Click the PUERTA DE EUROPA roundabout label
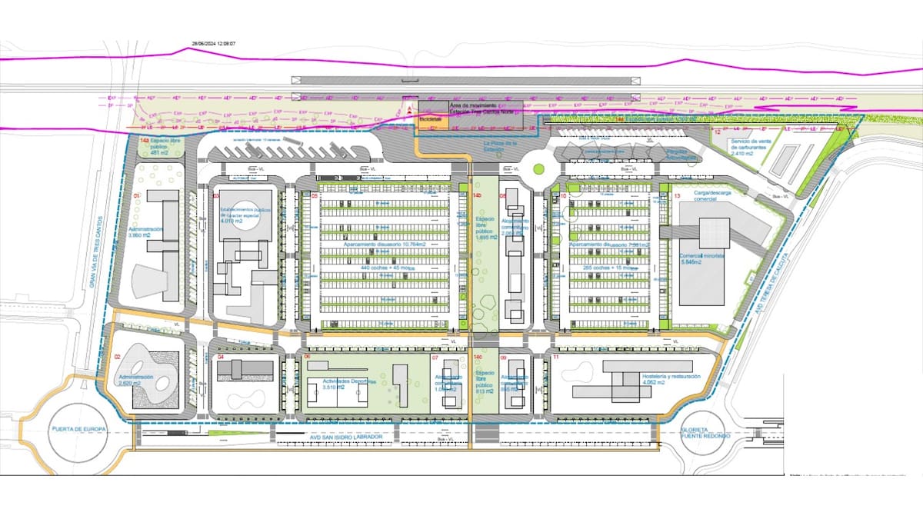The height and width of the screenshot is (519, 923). pyautogui.click(x=77, y=429)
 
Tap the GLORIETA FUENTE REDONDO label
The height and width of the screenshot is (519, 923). pyautogui.click(x=700, y=434)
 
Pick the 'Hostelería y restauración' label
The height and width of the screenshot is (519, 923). pyautogui.click(x=670, y=377)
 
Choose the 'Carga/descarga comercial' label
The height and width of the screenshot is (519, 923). pyautogui.click(x=698, y=197)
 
